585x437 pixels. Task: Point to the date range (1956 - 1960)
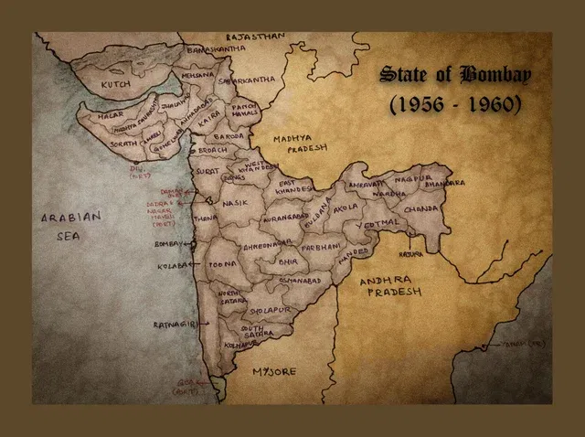point(455,104)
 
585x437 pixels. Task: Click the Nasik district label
point(235,202)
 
